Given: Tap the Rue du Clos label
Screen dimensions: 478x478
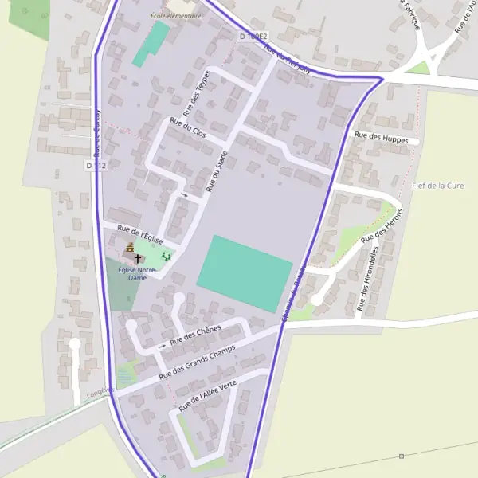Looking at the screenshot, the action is point(188,127).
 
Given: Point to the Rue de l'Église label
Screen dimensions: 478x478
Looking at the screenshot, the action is point(140,234).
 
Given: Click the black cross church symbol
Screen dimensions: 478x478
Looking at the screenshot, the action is point(138,259).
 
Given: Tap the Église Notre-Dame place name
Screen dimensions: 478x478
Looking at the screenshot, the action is point(136,274).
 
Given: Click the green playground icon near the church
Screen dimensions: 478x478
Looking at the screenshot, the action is point(166,256).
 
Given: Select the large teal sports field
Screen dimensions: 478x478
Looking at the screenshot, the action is point(245,272).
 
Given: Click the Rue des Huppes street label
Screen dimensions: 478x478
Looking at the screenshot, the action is point(381,137).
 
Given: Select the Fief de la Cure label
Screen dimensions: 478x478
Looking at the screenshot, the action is point(438,186).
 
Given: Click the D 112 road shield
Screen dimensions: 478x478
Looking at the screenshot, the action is point(95,165).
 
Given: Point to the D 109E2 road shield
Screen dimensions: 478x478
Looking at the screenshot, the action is point(254,37).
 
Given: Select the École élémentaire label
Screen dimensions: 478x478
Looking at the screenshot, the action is point(175,15).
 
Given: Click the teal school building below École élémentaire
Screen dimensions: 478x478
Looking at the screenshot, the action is point(151,44).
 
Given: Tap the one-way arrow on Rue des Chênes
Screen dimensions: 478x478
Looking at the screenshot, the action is point(163,346).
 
